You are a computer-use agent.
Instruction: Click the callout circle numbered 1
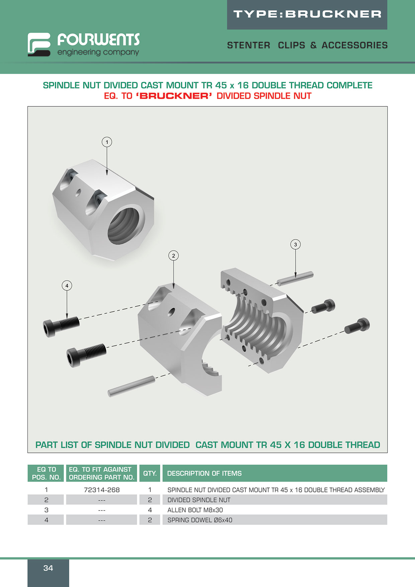point(107,142)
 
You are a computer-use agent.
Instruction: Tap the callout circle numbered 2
point(174,256)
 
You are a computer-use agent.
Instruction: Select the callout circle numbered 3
point(295,245)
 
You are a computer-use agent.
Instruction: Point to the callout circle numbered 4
point(67,286)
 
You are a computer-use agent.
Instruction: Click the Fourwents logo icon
point(39,44)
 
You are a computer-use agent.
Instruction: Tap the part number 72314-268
point(102,490)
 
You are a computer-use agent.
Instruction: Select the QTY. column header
point(150,473)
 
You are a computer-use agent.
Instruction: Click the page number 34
point(48,568)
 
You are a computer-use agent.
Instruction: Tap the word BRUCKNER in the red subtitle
point(174,96)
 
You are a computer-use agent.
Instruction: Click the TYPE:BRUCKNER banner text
point(307,14)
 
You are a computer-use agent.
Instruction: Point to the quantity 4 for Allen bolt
point(150,510)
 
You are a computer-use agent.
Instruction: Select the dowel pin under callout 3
point(295,278)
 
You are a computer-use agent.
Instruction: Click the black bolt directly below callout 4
point(61,327)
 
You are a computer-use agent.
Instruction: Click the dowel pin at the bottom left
point(131,387)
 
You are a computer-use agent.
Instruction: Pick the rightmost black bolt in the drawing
point(357,326)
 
